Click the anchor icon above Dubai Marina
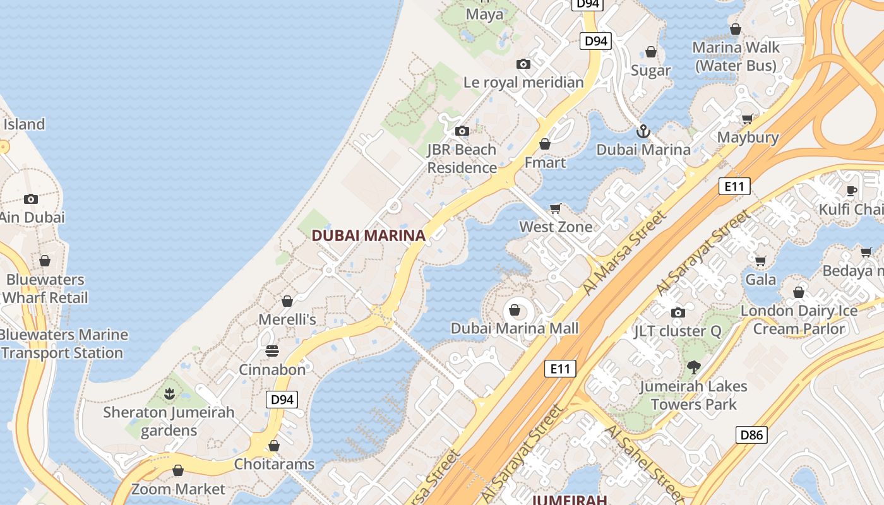pyautogui.click(x=643, y=131)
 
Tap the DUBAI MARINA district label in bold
pyautogui.click(x=368, y=235)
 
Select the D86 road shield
pyautogui.click(x=751, y=434)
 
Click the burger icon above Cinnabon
pyautogui.click(x=272, y=351)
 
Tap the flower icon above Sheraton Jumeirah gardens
pyautogui.click(x=169, y=395)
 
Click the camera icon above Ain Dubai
pyautogui.click(x=31, y=199)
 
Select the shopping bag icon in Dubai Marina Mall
pyautogui.click(x=515, y=310)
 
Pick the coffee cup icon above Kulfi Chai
pyautogui.click(x=851, y=191)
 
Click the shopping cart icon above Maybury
pyautogui.click(x=748, y=119)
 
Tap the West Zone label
pyautogui.click(x=556, y=227)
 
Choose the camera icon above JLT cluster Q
pyautogui.click(x=678, y=312)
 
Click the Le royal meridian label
pyautogui.click(x=523, y=82)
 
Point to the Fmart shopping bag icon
pyautogui.click(x=545, y=144)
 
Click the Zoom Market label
pyautogui.click(x=178, y=489)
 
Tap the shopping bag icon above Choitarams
pyautogui.click(x=274, y=446)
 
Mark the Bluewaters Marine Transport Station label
pyautogui.click(x=63, y=343)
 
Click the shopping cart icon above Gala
pyautogui.click(x=760, y=261)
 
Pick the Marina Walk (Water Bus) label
pyautogui.click(x=736, y=56)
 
